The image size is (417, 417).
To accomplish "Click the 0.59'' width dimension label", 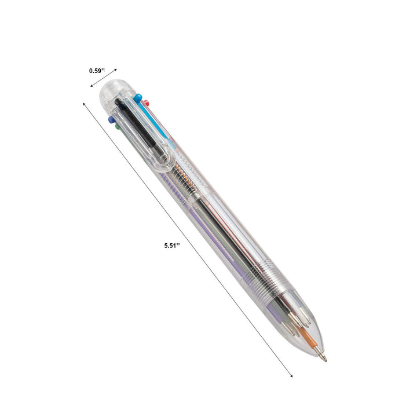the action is pyautogui.click(x=97, y=71).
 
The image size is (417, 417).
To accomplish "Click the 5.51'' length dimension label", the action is pyautogui.click(x=172, y=246).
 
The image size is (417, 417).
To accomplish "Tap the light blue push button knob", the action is pyautogui.click(x=138, y=98).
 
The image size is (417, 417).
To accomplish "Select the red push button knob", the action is pyautogui.click(x=147, y=103).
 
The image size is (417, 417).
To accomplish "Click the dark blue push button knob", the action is pyautogui.click(x=111, y=120).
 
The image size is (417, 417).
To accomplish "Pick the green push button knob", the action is pyautogui.click(x=118, y=126).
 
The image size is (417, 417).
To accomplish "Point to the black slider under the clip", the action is pyautogui.click(x=137, y=125).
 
